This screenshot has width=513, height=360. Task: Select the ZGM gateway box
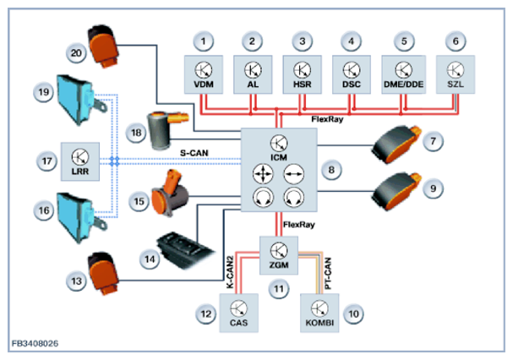point(279,253)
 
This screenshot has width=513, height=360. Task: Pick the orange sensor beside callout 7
point(396,147)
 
